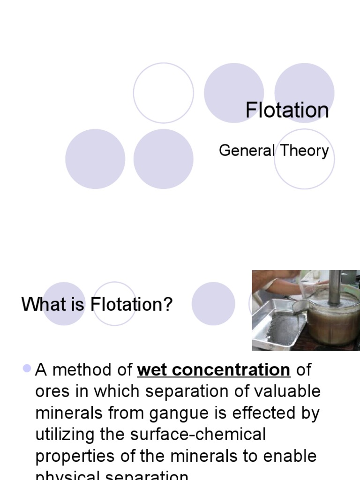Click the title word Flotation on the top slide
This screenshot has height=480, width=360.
(x=287, y=111)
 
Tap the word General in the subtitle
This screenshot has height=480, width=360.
(x=247, y=151)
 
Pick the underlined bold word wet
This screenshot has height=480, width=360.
(x=152, y=370)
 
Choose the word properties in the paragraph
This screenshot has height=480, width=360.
(x=75, y=456)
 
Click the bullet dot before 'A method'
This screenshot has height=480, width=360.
(x=27, y=369)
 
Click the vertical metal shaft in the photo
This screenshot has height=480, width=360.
(x=334, y=286)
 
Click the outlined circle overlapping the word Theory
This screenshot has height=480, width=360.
(x=304, y=159)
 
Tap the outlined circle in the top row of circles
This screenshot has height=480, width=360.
(x=163, y=93)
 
